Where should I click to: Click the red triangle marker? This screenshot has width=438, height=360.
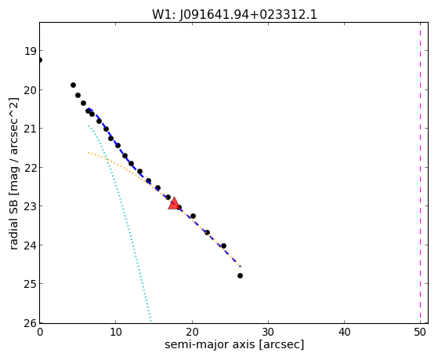(174, 203)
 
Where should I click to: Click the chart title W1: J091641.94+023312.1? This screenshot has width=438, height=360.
(234, 15)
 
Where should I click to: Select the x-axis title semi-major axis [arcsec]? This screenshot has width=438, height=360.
(234, 344)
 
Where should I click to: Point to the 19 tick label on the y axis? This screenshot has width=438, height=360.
(30, 51)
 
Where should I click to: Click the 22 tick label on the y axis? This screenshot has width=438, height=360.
(30, 168)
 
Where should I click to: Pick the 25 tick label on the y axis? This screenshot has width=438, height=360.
(30, 284)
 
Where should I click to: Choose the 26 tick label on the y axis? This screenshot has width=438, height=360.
(30, 323)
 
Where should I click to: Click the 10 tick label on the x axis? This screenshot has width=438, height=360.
(116, 332)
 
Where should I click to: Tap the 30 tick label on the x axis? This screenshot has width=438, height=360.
(268, 332)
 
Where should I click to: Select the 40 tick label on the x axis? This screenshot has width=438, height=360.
(344, 332)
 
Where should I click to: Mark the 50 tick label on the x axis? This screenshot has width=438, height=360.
(420, 332)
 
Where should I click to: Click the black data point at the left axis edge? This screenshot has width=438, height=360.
(40, 60)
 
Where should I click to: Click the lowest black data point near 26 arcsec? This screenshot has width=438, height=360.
(240, 275)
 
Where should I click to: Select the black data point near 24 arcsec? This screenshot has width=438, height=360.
(223, 245)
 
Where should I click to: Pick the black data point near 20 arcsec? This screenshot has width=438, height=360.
(193, 216)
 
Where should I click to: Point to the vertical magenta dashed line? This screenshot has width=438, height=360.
(420, 173)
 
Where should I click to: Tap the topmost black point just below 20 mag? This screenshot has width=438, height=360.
(73, 85)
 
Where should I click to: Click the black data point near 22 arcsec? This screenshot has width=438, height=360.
(207, 232)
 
